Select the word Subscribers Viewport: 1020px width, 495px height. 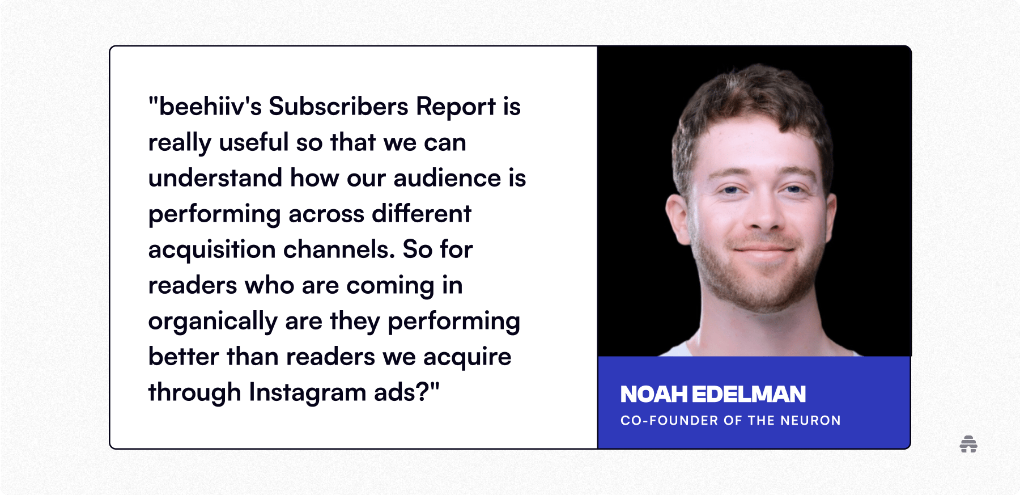338,107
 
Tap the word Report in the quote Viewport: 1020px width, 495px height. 456,107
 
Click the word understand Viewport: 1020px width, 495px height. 215,178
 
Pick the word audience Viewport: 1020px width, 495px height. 447,178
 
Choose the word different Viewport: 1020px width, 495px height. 421,214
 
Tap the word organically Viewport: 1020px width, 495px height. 212,321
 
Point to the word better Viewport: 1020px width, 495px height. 184,357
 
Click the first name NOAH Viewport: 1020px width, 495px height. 654,395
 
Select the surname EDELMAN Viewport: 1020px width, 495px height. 749,395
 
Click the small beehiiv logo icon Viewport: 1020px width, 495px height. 968,444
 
